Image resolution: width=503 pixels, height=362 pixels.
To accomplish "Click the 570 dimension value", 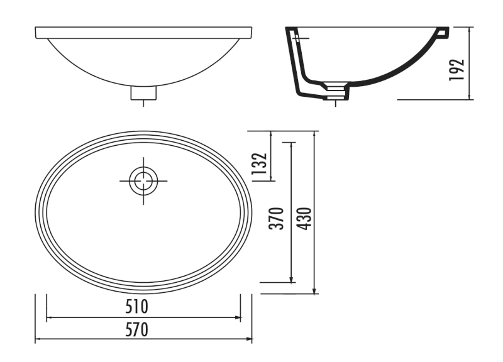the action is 136,329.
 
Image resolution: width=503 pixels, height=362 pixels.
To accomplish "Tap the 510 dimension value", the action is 136,307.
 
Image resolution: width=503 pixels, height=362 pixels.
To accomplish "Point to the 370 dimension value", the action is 277,219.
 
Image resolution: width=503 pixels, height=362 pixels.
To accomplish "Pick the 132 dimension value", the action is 259,163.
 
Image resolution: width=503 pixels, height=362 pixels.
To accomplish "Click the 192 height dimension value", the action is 457,70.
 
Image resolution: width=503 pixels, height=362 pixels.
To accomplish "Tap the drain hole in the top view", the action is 143,181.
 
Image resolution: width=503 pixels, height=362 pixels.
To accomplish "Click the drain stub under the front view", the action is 143,93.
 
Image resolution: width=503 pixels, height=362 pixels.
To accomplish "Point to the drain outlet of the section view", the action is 336,91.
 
